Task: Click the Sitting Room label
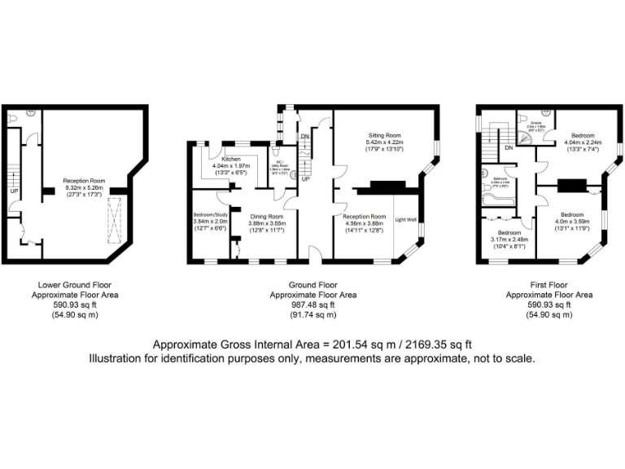tap(387, 135)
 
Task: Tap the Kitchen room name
tap(230, 159)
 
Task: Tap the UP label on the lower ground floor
tap(14, 192)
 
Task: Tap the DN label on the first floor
tap(509, 148)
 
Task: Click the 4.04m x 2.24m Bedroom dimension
tap(581, 142)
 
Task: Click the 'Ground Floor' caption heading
tap(312, 285)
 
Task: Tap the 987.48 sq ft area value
tap(312, 304)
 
